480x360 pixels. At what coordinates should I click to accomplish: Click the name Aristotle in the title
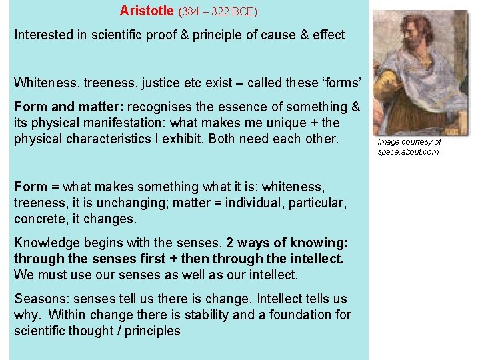tap(147, 11)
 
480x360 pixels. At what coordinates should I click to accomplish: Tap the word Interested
tap(46, 35)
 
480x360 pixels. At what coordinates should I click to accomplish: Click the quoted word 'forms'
tap(341, 83)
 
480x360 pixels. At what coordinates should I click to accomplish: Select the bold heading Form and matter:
tap(69, 107)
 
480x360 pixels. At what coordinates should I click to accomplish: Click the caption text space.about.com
tap(408, 152)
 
